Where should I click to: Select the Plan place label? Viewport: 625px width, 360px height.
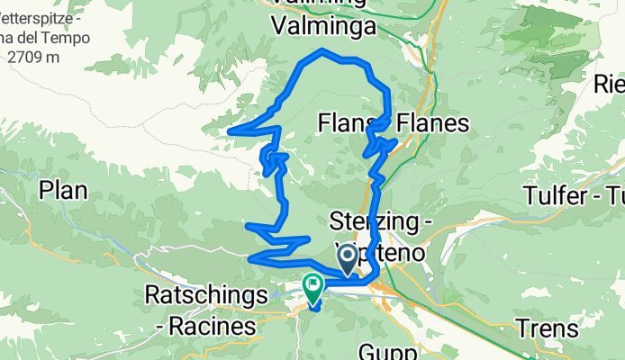click(63, 191)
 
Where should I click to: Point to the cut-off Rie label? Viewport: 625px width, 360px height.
click(609, 85)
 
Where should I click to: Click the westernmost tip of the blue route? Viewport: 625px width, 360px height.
click(231, 131)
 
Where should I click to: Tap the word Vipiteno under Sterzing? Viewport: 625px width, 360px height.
click(378, 247)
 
